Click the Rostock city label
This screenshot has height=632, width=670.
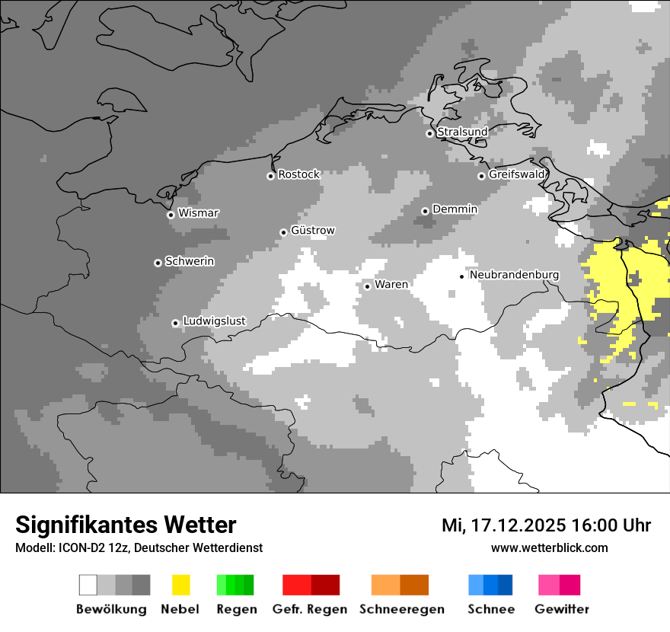click(298, 174)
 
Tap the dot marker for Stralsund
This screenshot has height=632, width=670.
click(429, 133)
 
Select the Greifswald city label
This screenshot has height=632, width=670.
click(517, 174)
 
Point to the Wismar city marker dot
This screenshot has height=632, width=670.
click(171, 215)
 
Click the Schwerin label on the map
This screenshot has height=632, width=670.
click(190, 261)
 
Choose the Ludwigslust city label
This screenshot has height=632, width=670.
click(214, 321)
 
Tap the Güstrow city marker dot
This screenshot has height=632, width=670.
click(283, 232)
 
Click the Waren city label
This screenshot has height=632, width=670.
click(391, 285)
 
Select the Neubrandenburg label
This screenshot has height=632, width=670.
click(515, 275)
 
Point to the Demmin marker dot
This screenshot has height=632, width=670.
click(425, 211)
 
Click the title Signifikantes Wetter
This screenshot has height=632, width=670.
click(126, 525)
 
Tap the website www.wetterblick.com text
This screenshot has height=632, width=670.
click(549, 548)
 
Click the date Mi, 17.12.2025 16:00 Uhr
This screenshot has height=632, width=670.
click(546, 525)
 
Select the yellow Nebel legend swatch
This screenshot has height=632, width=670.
click(181, 585)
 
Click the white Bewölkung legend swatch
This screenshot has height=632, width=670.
click(88, 585)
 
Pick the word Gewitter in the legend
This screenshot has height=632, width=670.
click(561, 609)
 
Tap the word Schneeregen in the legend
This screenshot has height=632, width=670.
click(402, 609)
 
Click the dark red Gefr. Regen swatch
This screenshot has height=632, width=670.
click(325, 585)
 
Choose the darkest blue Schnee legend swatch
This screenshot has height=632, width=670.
click(505, 585)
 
